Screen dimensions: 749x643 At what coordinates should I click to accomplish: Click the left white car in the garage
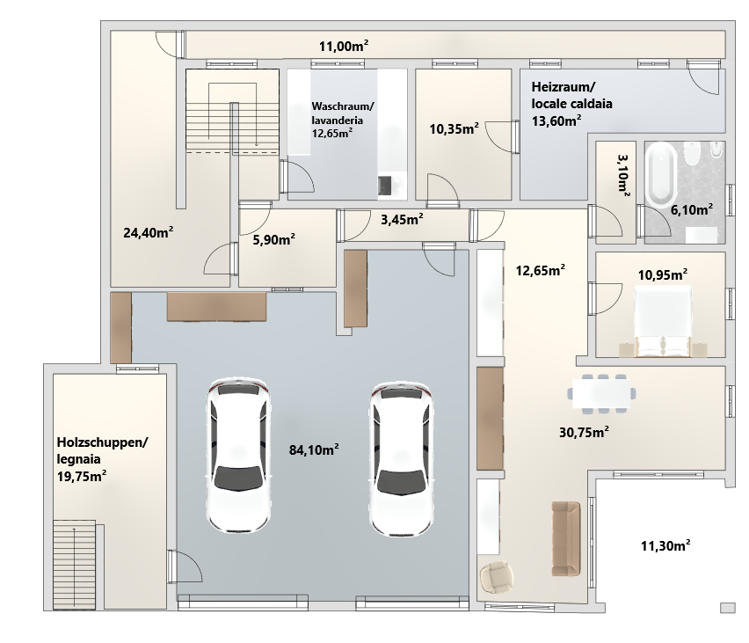[238, 456]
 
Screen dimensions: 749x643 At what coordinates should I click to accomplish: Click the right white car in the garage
[401, 459]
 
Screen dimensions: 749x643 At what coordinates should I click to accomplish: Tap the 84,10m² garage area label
[314, 449]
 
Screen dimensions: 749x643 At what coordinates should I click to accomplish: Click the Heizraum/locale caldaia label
[571, 104]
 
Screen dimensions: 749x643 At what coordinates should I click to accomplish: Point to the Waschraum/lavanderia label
[343, 120]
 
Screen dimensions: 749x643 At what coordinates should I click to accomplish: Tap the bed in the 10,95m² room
[663, 321]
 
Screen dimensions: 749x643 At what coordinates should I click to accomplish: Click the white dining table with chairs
[601, 393]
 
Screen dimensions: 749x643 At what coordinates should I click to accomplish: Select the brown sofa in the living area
[566, 538]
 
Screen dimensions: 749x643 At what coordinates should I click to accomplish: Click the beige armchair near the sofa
[497, 576]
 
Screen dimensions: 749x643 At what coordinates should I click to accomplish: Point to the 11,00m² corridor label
[344, 46]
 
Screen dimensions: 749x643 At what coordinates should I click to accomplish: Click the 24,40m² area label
[148, 232]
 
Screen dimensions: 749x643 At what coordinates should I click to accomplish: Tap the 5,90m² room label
[273, 239]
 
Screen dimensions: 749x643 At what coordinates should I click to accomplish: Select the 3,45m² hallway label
[402, 219]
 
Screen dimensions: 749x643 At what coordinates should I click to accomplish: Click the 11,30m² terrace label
[665, 545]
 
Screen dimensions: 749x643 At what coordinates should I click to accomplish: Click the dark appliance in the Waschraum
[384, 186]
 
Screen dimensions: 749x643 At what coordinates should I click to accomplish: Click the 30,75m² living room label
[584, 432]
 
